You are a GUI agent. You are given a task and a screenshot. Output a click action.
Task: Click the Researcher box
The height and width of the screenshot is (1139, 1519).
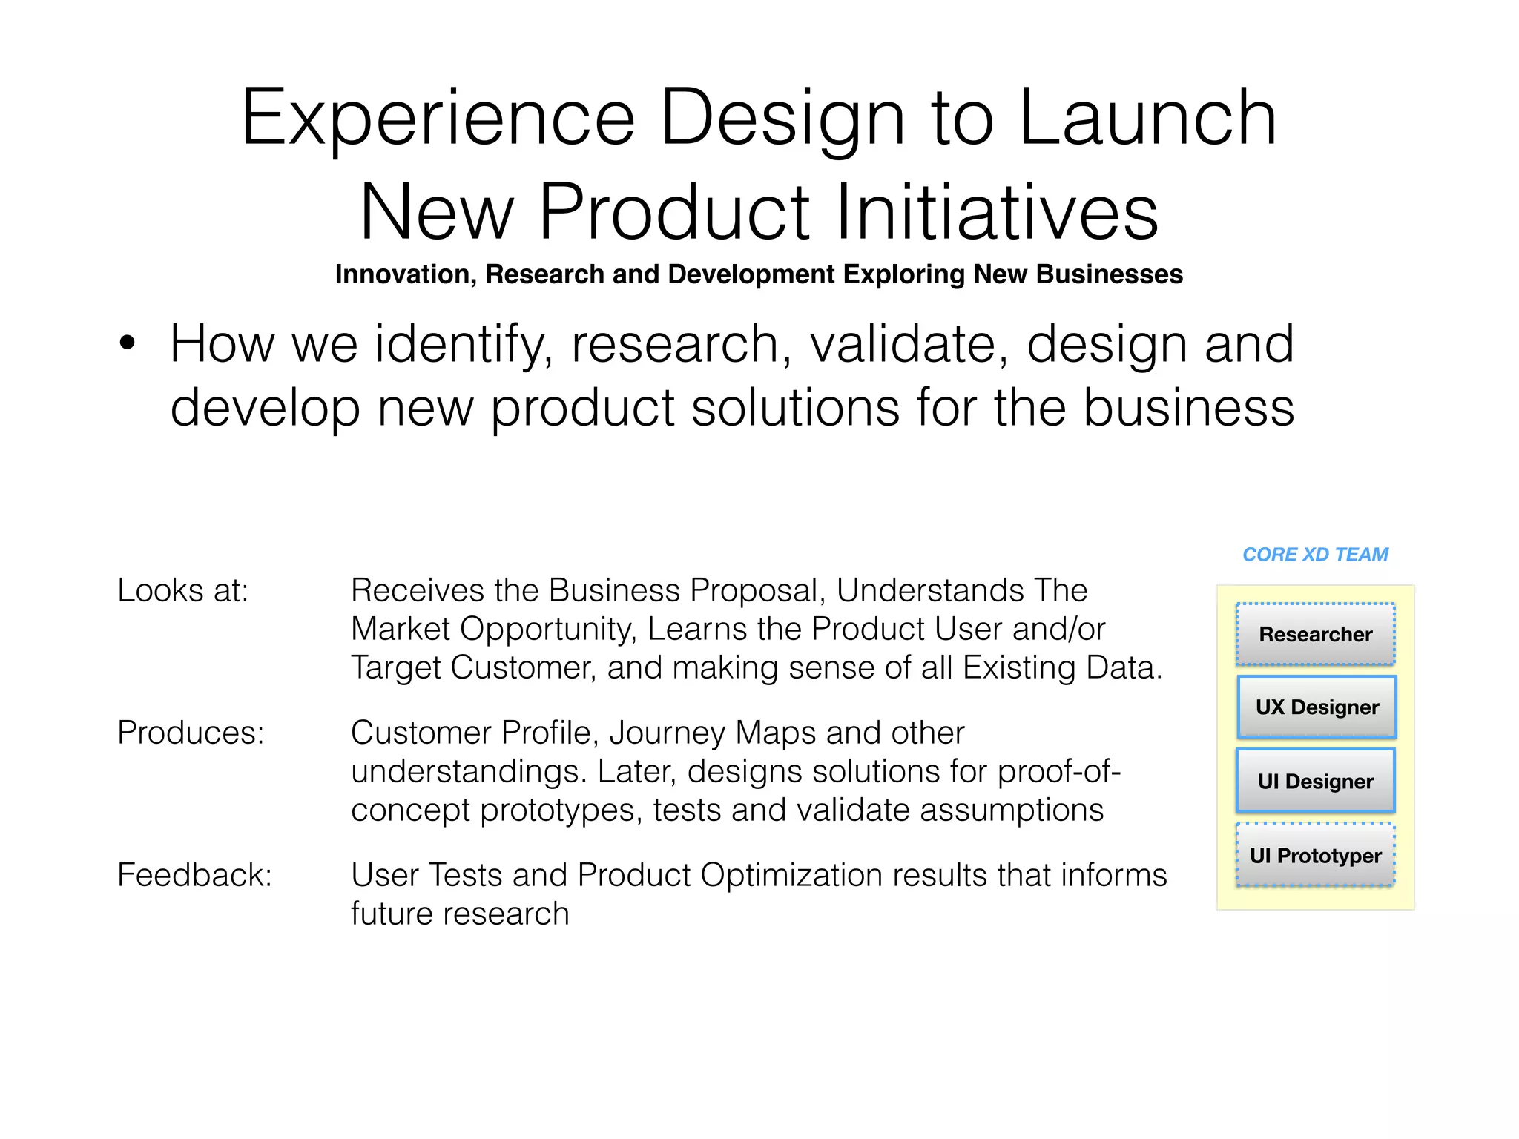click(1315, 635)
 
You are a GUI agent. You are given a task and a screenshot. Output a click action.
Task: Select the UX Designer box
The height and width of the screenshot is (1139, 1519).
click(1317, 707)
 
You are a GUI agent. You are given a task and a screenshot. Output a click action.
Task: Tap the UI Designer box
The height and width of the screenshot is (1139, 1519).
click(1315, 782)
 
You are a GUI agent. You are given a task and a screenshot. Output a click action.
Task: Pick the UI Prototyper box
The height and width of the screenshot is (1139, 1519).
click(1315, 856)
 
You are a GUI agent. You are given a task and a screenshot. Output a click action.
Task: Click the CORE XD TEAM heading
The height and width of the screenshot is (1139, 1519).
click(1315, 555)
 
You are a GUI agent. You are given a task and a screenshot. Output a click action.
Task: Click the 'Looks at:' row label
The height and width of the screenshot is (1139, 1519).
click(182, 591)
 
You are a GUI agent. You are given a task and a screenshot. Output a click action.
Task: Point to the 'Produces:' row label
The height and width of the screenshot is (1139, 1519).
click(191, 733)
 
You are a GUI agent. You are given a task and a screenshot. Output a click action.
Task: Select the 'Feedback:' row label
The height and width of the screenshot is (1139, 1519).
click(194, 876)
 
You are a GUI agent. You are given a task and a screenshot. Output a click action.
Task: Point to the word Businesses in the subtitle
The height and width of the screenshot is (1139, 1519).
click(1110, 274)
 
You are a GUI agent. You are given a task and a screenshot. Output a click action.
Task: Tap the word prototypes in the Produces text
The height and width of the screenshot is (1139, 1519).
click(561, 810)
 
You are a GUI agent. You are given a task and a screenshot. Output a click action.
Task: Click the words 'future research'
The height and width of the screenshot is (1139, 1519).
click(460, 914)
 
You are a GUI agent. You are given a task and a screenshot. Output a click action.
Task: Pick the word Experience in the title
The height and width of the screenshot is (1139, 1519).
click(438, 119)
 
